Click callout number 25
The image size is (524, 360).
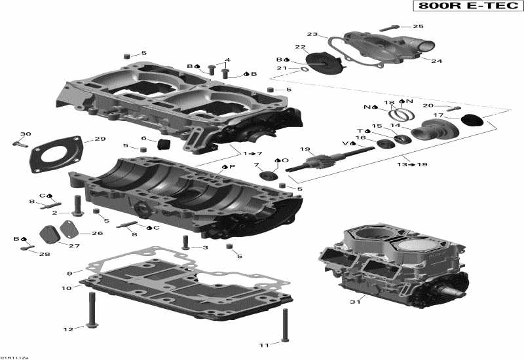(417, 27)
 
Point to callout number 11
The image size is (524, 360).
(264, 345)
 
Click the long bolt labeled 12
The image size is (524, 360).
(89, 311)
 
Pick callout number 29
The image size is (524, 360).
(100, 139)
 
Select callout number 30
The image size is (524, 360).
(25, 135)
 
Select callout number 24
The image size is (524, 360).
(436, 61)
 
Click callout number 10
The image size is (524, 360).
(67, 288)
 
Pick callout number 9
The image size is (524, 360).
(69, 273)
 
